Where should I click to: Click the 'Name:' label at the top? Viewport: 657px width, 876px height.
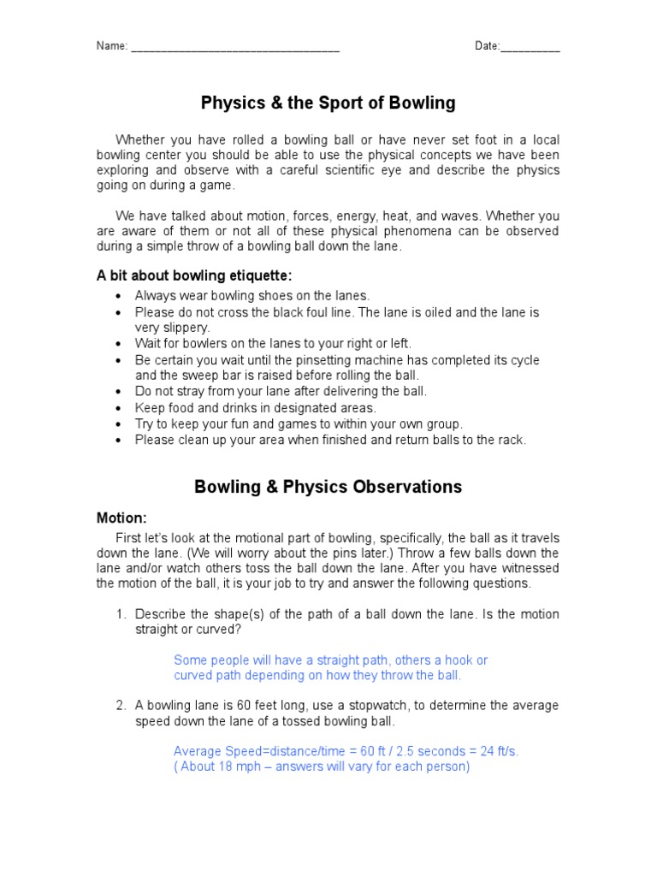pos(112,46)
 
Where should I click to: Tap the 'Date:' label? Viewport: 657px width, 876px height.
pos(488,46)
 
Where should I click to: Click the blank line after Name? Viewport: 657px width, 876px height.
pos(235,48)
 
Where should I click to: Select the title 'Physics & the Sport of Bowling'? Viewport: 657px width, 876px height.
pos(328,104)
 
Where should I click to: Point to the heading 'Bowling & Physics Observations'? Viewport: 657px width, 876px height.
pos(328,487)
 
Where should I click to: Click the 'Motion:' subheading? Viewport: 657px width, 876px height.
pos(121,518)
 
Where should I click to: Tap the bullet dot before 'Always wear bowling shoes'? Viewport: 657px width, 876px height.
pos(118,296)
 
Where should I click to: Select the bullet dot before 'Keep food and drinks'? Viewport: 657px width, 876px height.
pos(118,408)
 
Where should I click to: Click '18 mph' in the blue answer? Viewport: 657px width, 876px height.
pos(236,766)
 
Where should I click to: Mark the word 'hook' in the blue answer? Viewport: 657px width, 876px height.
pos(456,660)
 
